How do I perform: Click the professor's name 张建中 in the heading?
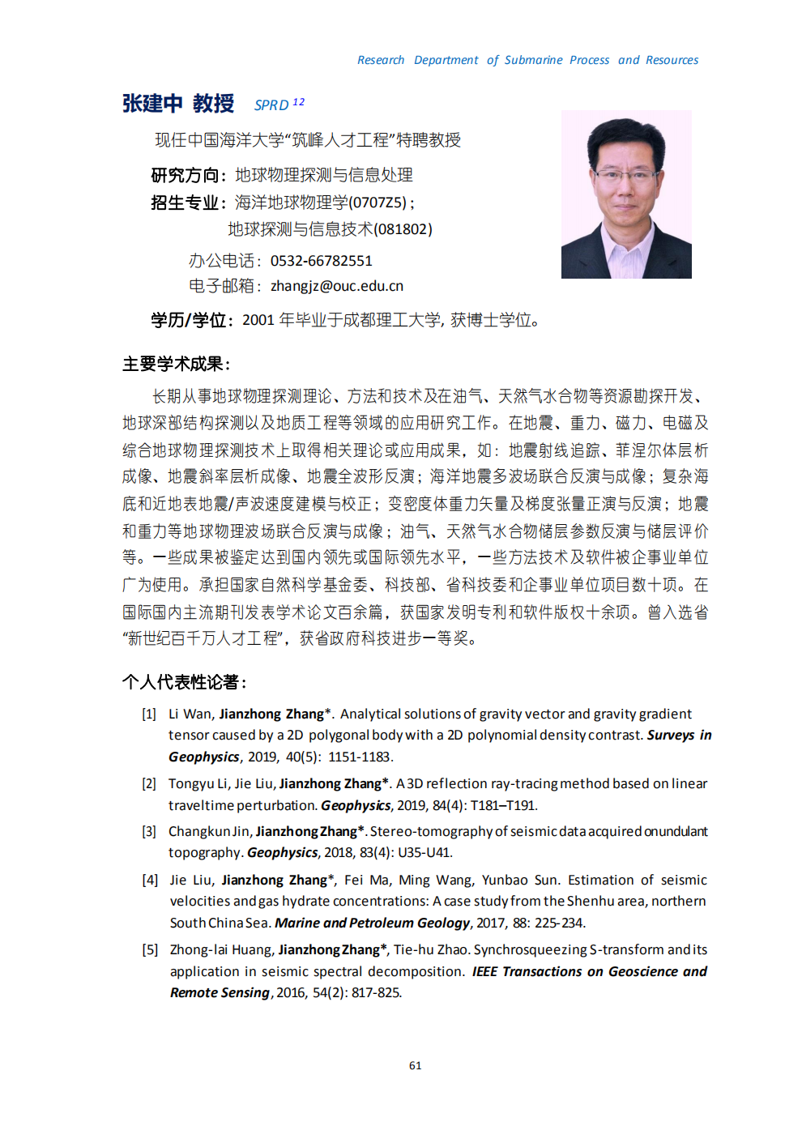point(152,104)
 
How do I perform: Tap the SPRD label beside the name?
point(271,105)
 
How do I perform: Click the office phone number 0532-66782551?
point(322,261)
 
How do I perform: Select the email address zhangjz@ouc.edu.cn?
point(337,286)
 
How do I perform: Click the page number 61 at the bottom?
point(416,1065)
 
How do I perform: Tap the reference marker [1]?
point(149,714)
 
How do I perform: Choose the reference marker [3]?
point(149,831)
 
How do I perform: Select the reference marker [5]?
point(150,949)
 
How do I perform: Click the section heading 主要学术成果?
point(174,364)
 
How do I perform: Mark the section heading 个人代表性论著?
point(183,682)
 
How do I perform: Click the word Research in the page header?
point(381,60)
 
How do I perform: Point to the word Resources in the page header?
point(672,60)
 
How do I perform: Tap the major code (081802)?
point(403,229)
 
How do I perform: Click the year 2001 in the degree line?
point(258,320)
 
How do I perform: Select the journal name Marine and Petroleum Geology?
point(372,923)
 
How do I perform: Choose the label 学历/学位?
point(189,320)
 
